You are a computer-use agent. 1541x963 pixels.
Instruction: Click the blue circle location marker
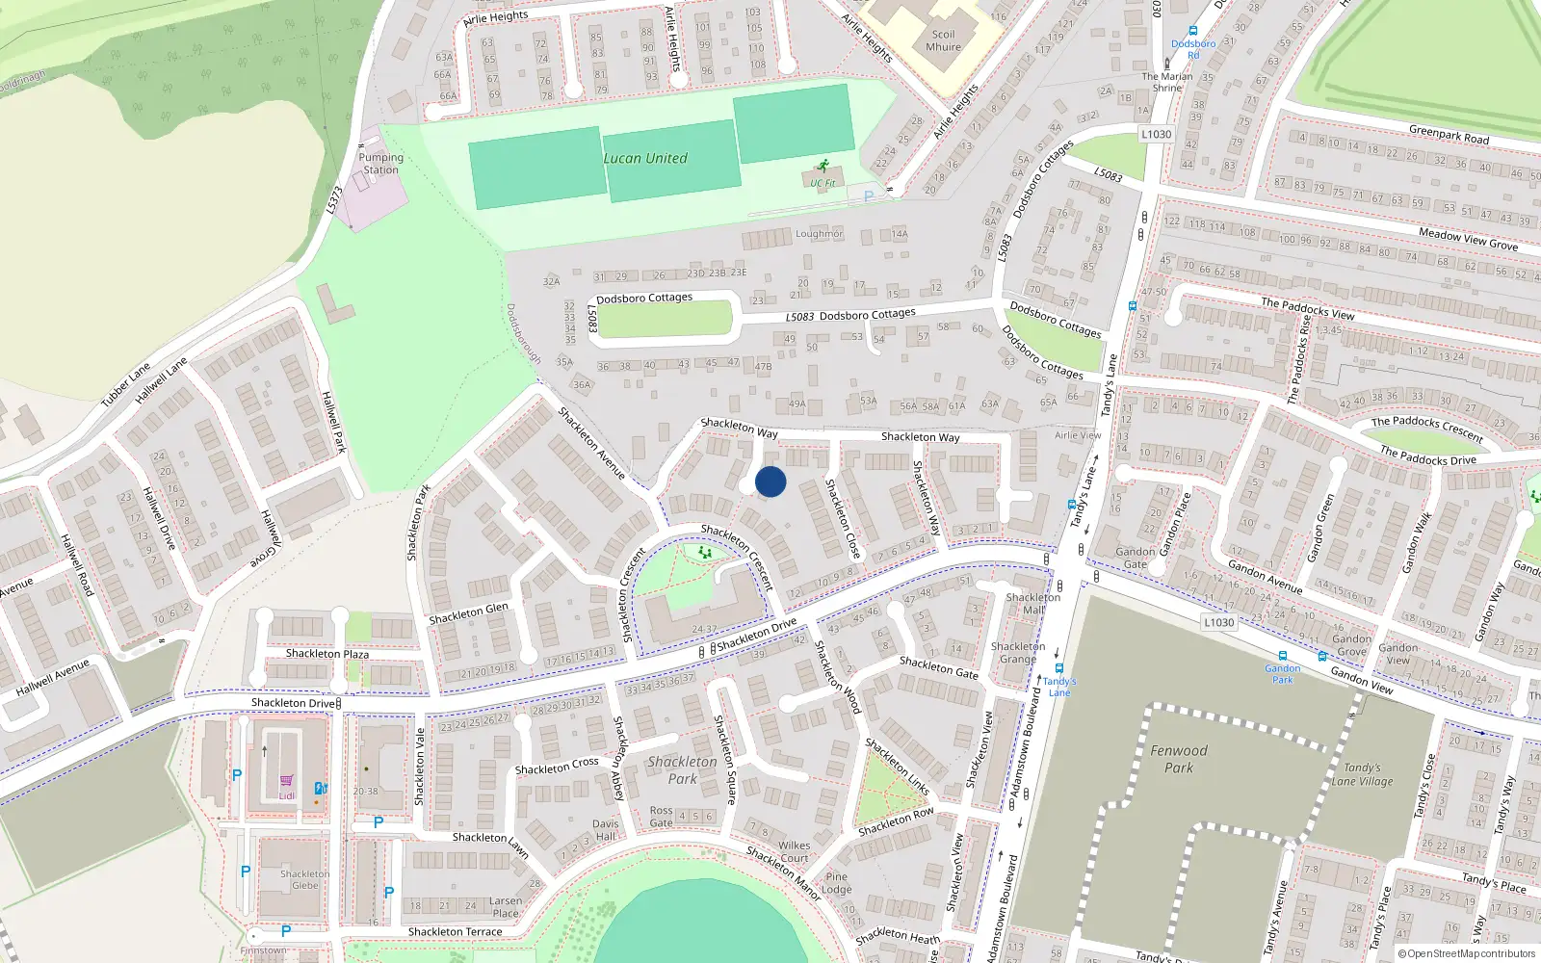pyautogui.click(x=770, y=481)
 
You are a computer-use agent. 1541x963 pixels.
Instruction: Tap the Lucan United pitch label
pyautogui.click(x=645, y=159)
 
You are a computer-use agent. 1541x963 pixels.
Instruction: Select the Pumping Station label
pyautogui.click(x=380, y=164)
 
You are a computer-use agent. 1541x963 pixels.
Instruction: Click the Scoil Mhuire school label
pyautogui.click(x=943, y=40)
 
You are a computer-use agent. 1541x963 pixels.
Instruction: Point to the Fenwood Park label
pyautogui.click(x=1179, y=759)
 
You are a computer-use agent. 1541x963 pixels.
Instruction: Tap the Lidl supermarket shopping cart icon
pyautogui.click(x=286, y=781)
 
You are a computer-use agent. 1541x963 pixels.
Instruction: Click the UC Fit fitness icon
pyautogui.click(x=823, y=167)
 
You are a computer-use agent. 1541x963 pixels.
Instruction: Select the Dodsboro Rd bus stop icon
pyautogui.click(x=1193, y=31)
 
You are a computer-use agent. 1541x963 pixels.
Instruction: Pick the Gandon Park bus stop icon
pyautogui.click(x=1282, y=656)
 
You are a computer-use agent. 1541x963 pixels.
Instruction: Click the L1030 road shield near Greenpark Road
pyautogui.click(x=1156, y=135)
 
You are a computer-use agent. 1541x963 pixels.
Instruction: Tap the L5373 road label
pyautogui.click(x=334, y=199)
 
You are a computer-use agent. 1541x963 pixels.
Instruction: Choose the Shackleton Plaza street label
pyautogui.click(x=327, y=654)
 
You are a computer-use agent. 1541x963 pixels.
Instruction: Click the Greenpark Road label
pyautogui.click(x=1449, y=135)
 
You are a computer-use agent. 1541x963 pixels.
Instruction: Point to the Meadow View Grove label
pyautogui.click(x=1468, y=239)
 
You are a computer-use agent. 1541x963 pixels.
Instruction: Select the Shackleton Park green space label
pyautogui.click(x=682, y=769)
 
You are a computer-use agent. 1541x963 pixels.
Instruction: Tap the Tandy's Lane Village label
pyautogui.click(x=1363, y=775)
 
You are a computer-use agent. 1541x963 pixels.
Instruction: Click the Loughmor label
pyautogui.click(x=819, y=234)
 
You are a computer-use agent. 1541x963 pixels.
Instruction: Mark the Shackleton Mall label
pyautogui.click(x=1032, y=603)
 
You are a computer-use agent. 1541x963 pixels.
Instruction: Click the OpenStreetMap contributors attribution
pyautogui.click(x=1466, y=954)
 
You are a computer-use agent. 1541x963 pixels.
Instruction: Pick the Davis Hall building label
pyautogui.click(x=606, y=830)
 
